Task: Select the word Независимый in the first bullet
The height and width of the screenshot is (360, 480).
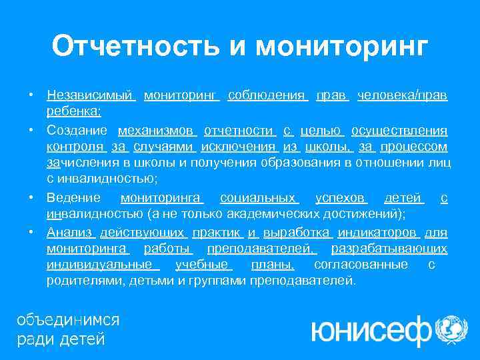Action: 91,96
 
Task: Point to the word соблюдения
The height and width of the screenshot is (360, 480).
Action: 267,96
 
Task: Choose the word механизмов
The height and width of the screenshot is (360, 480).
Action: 157,130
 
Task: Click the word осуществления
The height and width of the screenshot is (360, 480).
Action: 399,130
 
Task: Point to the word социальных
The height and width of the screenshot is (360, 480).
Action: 259,198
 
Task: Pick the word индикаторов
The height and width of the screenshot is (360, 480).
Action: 377,233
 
